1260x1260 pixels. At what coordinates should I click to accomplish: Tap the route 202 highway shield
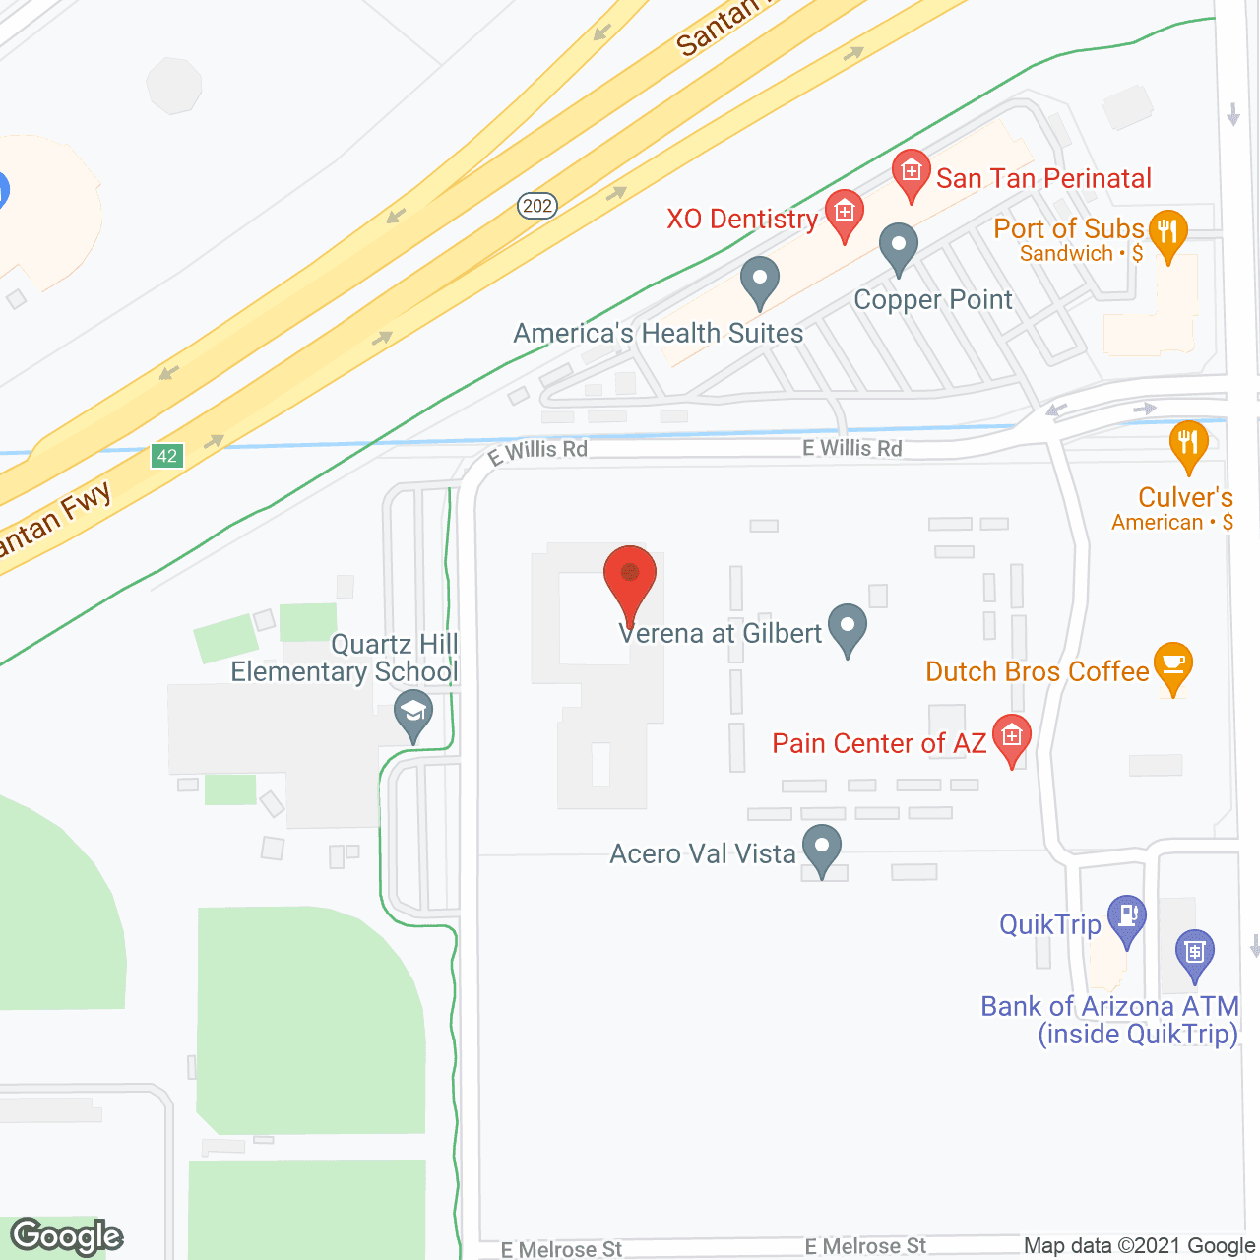537,205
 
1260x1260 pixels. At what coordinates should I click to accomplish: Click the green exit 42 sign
167,456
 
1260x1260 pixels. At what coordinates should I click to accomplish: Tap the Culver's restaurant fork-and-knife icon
1188,443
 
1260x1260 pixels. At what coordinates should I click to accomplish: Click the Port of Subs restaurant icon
1167,233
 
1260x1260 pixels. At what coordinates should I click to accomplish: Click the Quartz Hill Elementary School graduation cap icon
413,713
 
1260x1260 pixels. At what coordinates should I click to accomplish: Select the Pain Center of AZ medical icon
1011,737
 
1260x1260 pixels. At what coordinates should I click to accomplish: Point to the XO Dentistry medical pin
844,213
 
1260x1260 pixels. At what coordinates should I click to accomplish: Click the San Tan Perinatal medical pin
912,172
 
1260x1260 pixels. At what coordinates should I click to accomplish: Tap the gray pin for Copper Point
898,246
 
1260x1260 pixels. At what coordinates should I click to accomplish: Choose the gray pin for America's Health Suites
759,279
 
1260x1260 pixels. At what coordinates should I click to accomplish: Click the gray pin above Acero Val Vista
822,848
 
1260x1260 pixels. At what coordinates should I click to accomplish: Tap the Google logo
67,1236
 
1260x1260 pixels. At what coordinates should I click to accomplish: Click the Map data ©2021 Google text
1139,1246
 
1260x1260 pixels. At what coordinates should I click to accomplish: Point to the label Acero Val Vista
703,853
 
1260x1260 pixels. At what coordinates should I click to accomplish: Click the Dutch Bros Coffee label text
1038,671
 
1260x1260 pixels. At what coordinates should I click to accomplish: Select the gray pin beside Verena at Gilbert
847,626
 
